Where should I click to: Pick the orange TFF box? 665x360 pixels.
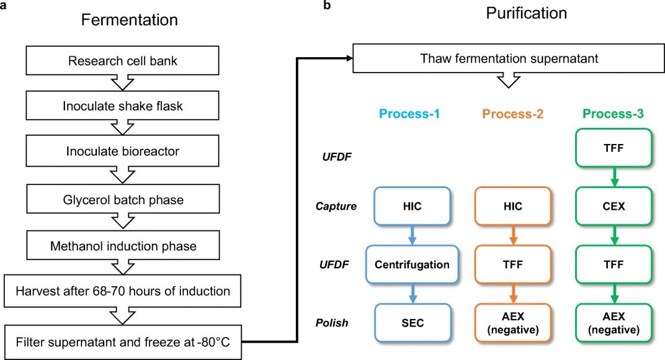point(513,264)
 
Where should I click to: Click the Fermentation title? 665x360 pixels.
point(129,19)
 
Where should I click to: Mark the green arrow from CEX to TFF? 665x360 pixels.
point(614,235)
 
